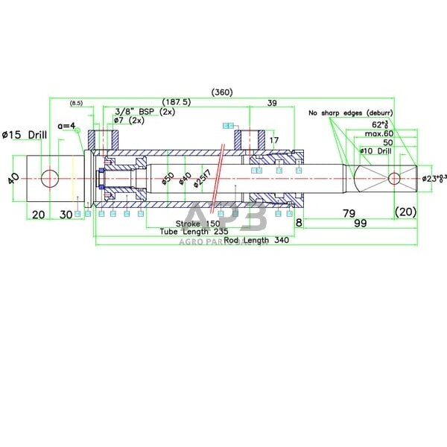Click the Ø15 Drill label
(25, 134)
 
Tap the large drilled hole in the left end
(50, 179)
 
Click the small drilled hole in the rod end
(396, 179)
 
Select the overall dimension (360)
(222, 92)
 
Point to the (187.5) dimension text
(177, 102)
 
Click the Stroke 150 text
(197, 223)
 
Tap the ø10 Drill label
(375, 151)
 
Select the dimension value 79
(347, 213)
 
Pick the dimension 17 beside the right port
(274, 140)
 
